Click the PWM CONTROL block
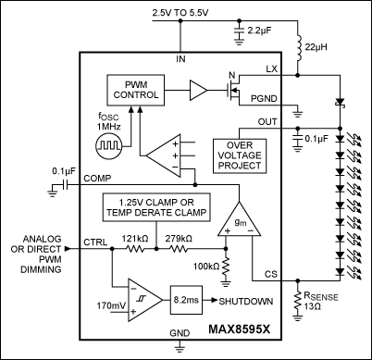(135, 90)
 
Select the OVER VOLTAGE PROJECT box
(240, 155)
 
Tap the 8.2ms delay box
(186, 300)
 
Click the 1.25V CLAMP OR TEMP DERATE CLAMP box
(156, 207)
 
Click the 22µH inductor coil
(298, 47)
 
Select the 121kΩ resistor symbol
(135, 249)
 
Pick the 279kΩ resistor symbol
(179, 249)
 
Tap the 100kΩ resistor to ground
(226, 266)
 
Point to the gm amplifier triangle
(240, 219)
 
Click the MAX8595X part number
(240, 329)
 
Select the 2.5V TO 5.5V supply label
(180, 13)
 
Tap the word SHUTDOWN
(246, 301)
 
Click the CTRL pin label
(95, 242)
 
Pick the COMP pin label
(97, 179)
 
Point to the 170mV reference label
(111, 305)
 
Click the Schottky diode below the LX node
(340, 102)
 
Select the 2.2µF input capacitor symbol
(239, 31)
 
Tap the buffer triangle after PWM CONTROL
(198, 90)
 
